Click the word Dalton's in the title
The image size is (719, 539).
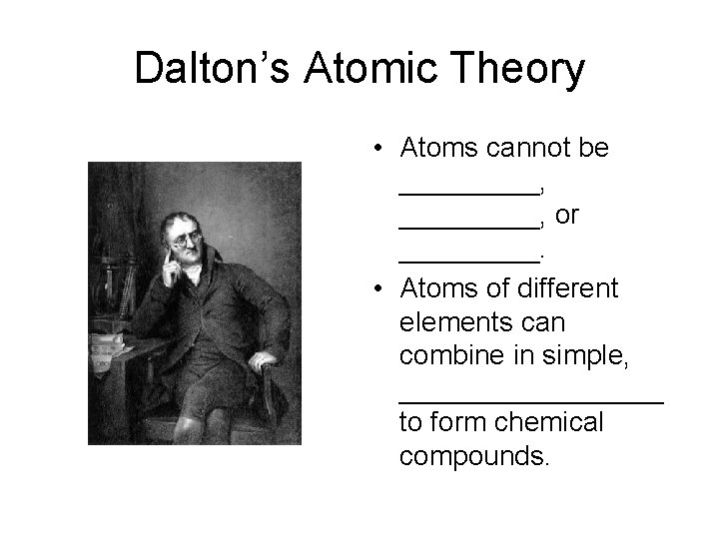(x=205, y=70)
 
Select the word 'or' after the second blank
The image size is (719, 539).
(x=567, y=215)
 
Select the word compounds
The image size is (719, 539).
(x=473, y=457)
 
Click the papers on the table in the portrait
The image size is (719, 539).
(x=107, y=344)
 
